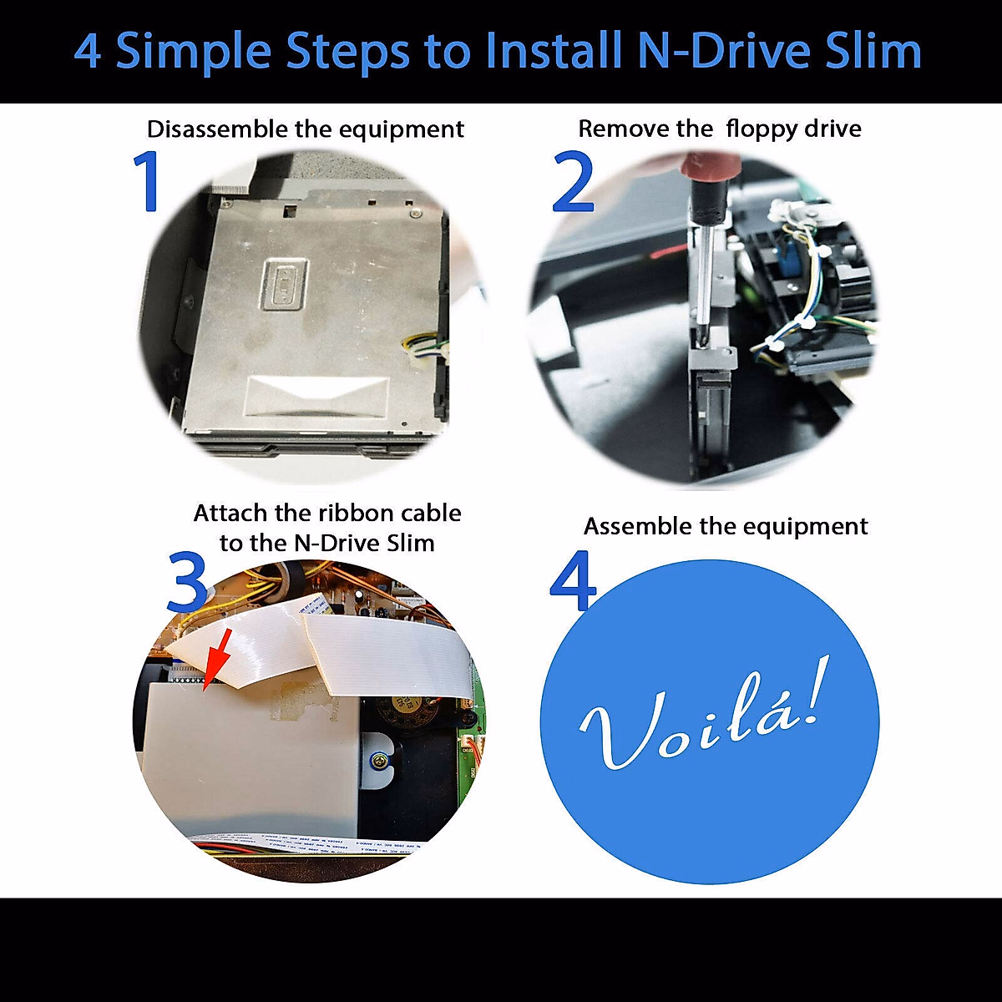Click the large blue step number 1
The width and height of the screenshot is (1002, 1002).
pyautogui.click(x=148, y=181)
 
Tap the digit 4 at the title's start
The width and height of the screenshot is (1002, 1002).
pyautogui.click(x=89, y=52)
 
